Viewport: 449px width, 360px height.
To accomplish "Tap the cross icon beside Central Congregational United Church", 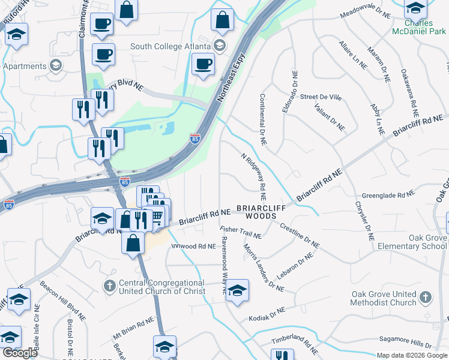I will click(x=109, y=286).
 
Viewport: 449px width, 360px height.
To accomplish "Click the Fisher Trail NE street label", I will click(x=240, y=232).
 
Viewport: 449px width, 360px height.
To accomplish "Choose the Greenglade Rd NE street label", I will click(x=388, y=195).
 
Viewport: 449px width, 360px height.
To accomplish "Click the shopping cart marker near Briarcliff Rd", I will click(x=158, y=217).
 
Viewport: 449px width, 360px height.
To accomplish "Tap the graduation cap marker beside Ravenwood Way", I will click(x=237, y=291).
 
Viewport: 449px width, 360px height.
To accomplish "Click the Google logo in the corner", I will click(x=19, y=353).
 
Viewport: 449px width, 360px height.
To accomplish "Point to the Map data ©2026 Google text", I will click(x=412, y=355).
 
